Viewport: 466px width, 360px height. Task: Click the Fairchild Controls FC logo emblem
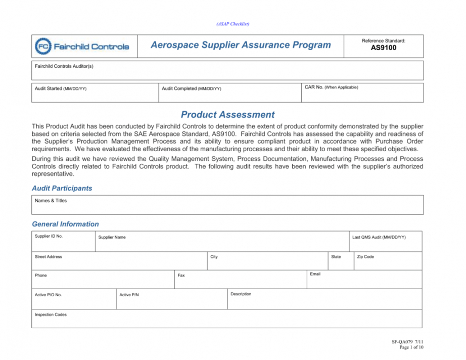click(x=43, y=47)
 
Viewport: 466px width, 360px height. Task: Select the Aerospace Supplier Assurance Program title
click(x=241, y=46)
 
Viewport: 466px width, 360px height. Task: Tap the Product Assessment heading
click(x=227, y=115)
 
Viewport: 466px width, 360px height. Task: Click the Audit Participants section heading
click(x=62, y=188)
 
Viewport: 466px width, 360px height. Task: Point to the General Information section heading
click(x=65, y=224)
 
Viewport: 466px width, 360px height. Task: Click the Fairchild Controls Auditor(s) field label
click(x=64, y=66)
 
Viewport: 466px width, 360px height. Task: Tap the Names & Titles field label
click(x=51, y=201)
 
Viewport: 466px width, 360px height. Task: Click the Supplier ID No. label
click(x=49, y=236)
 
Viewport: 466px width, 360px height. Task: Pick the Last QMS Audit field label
click(x=379, y=237)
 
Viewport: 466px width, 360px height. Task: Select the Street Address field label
click(x=49, y=257)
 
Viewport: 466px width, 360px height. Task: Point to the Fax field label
click(x=181, y=276)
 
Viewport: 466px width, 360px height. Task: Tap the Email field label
click(x=315, y=274)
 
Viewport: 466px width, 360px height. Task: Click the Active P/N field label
click(x=129, y=295)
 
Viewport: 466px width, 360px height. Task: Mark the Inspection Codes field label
click(x=51, y=314)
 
